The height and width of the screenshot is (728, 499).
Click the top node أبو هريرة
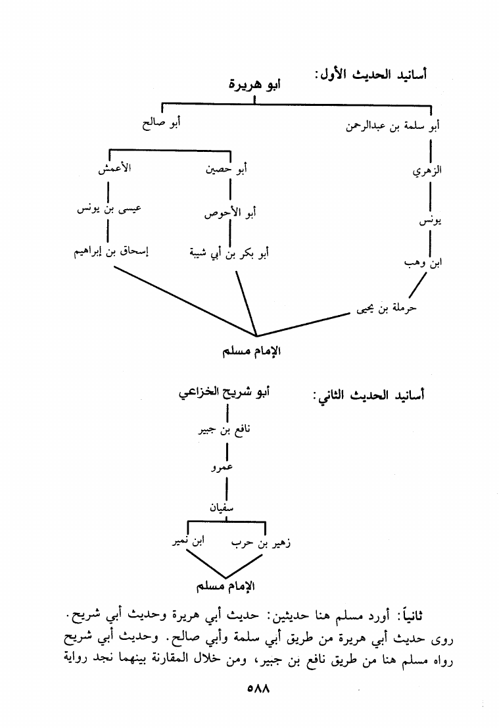pos(254,85)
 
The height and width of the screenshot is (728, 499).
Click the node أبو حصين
pos(227,170)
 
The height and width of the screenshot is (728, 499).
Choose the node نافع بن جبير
pos(226,431)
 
